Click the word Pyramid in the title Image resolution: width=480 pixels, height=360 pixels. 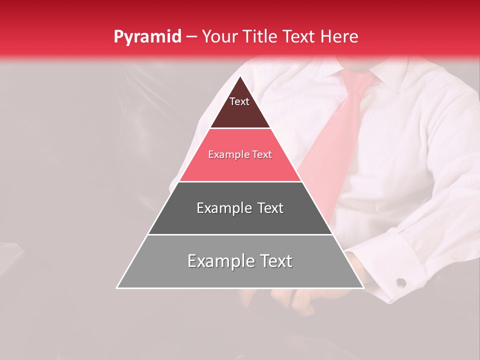pos(147,37)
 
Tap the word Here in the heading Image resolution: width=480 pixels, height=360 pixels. pos(339,36)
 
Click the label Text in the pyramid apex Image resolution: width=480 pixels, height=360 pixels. pos(239,101)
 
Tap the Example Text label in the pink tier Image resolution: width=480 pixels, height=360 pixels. pos(240,154)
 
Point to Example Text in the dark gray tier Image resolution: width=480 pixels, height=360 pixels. pos(240,208)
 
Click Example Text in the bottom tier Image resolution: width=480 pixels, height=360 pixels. pos(240,261)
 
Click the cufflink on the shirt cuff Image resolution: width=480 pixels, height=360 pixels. pos(400,283)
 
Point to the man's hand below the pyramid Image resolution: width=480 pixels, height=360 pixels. pos(300,300)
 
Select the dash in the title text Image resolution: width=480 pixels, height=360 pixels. pos(191,37)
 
